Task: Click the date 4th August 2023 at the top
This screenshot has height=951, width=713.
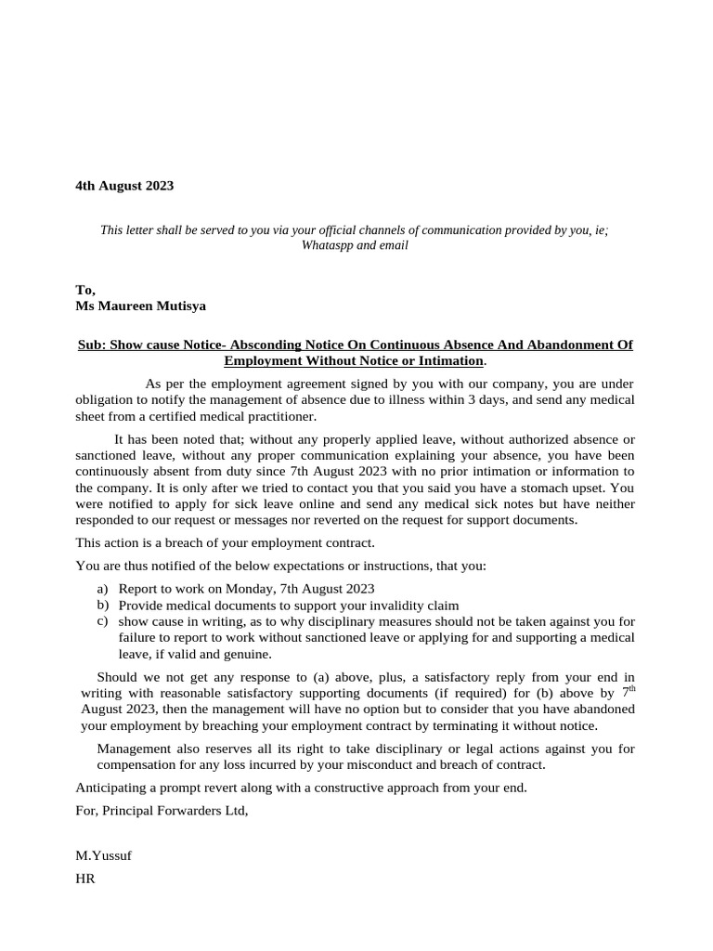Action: click(124, 186)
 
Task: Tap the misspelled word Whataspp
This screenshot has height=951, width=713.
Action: click(327, 246)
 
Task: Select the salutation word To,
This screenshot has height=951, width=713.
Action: click(85, 290)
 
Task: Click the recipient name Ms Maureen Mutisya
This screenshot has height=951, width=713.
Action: click(140, 306)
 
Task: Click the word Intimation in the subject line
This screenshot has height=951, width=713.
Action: click(451, 360)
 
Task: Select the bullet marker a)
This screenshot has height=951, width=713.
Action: click(102, 589)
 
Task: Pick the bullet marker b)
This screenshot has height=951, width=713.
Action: click(102, 605)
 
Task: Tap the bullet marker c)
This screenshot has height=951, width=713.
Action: click(102, 620)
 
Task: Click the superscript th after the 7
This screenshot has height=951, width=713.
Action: click(631, 688)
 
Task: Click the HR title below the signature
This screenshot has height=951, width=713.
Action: click(84, 878)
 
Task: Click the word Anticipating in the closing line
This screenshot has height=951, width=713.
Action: click(110, 788)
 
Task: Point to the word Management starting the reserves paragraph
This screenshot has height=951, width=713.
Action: click(134, 749)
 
